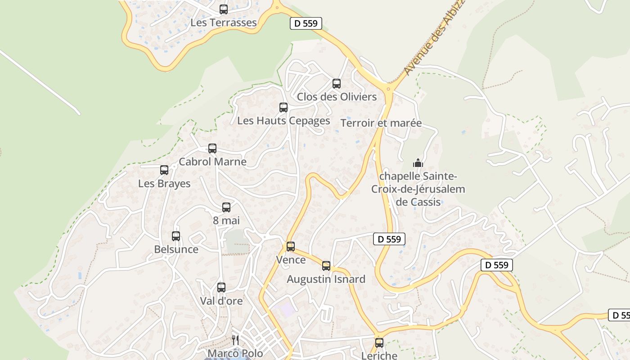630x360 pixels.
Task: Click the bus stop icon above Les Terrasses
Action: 224,9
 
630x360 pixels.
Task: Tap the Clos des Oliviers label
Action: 337,97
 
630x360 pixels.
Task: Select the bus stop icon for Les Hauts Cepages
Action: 283,108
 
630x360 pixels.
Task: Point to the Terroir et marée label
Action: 381,123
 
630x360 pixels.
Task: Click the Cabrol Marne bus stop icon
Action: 212,148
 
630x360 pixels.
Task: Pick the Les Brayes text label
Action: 164,184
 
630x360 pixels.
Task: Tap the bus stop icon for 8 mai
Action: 226,207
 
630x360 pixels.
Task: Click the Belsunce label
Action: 176,249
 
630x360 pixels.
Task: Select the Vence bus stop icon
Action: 291,247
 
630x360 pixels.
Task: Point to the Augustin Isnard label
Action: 326,279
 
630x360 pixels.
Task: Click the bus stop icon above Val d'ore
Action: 221,288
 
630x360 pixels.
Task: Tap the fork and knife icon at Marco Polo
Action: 235,340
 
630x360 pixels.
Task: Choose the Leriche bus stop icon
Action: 379,343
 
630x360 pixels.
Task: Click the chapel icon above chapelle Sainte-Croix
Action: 418,163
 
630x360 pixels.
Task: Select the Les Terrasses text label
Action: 224,22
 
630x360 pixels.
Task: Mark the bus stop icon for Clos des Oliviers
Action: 337,84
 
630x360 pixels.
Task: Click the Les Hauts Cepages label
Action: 283,121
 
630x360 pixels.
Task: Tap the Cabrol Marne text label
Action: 212,162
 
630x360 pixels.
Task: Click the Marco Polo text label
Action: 235,353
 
